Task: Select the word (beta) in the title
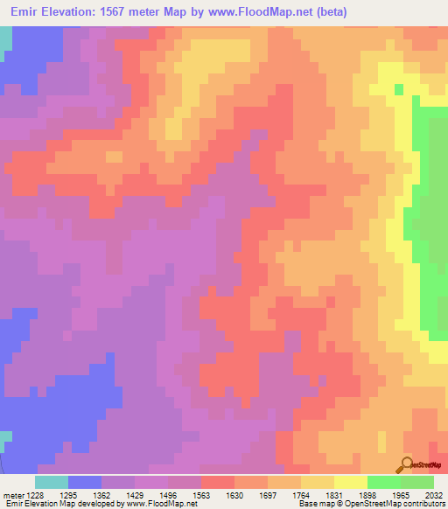click(x=332, y=12)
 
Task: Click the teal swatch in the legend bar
click(x=52, y=482)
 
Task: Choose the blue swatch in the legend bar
click(x=85, y=482)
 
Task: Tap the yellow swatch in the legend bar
click(x=350, y=482)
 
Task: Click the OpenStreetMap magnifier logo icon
click(x=405, y=464)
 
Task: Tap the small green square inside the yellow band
click(x=399, y=88)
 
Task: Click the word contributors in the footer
click(x=423, y=505)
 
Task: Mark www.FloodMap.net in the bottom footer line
click(x=157, y=505)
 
